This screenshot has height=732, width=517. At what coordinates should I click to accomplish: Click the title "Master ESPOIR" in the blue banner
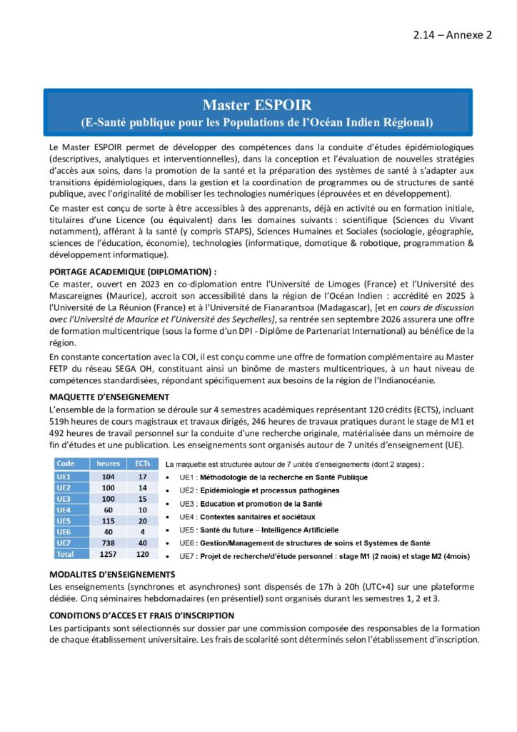pyautogui.click(x=257, y=105)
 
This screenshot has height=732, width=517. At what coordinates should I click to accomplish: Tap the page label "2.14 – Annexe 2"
pyautogui.click(x=453, y=36)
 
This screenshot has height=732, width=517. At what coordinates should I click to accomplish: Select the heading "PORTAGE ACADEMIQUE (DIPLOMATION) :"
pyautogui.click(x=132, y=272)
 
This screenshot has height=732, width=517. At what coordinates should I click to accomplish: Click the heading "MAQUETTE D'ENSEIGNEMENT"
pyautogui.click(x=109, y=397)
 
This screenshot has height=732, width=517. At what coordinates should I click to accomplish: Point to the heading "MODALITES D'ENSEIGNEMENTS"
pyautogui.click(x=112, y=575)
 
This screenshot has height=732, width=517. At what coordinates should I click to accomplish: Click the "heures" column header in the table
pyautogui.click(x=109, y=464)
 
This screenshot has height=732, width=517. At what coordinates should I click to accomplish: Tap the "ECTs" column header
pyautogui.click(x=142, y=464)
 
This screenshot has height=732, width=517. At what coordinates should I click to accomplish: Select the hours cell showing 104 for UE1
pyautogui.click(x=109, y=476)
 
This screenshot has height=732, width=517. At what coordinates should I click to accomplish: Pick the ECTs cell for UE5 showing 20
pyautogui.click(x=142, y=521)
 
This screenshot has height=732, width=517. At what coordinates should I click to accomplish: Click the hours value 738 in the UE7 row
pyautogui.click(x=109, y=544)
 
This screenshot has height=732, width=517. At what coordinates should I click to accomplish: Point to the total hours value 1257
pyautogui.click(x=109, y=555)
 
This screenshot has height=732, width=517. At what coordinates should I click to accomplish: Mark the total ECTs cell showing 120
pyautogui.click(x=142, y=555)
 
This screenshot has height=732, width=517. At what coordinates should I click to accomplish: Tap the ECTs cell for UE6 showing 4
pyautogui.click(x=142, y=533)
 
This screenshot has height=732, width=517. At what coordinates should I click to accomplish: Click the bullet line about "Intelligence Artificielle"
pyautogui.click(x=258, y=530)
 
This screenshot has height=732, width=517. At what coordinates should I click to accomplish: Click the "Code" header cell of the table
pyautogui.click(x=66, y=464)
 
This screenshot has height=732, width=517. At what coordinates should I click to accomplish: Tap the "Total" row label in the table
pyautogui.click(x=67, y=555)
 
